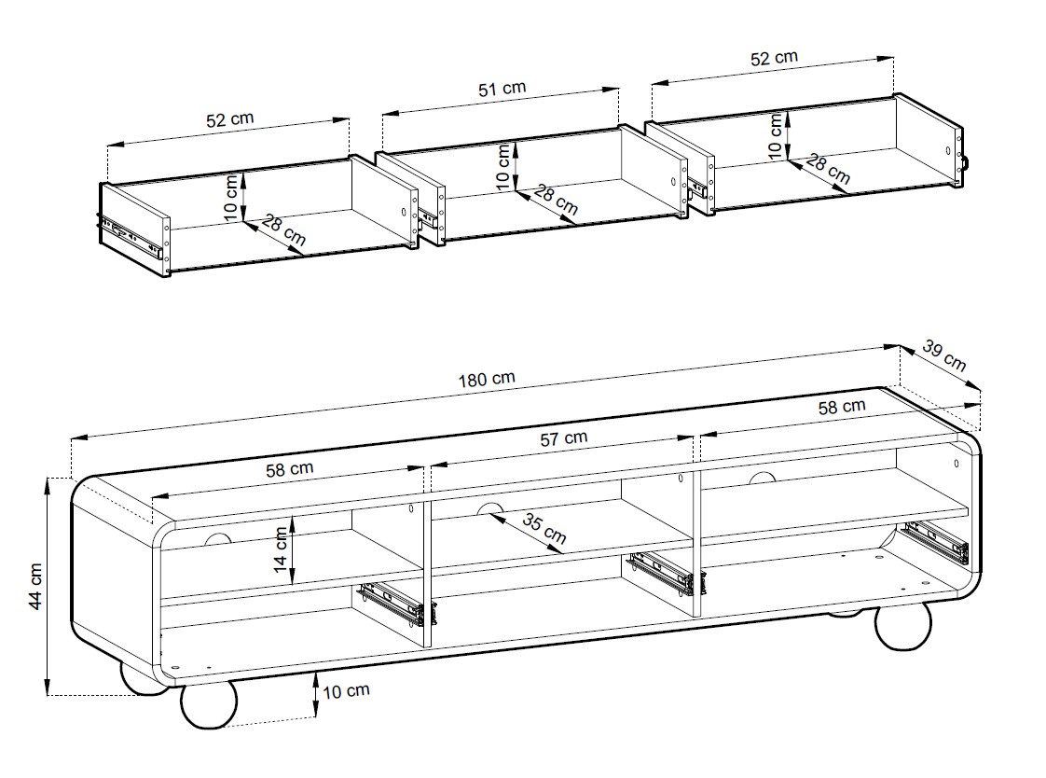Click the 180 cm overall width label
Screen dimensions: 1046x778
[x=487, y=380]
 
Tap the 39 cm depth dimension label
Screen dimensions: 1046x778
[x=944, y=355]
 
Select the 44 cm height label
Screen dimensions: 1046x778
[x=35, y=586]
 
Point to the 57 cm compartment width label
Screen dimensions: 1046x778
[x=564, y=438]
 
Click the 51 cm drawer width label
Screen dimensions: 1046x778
[x=502, y=88]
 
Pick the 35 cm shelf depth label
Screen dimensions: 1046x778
[x=544, y=528]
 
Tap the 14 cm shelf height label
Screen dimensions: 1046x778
[x=281, y=549]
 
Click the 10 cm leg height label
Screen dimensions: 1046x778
[x=346, y=691]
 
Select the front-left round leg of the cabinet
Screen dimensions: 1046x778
[x=209, y=704]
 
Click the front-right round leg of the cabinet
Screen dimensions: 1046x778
[x=902, y=627]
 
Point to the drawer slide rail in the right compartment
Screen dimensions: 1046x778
[x=935, y=539]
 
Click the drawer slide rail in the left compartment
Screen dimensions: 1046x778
[x=396, y=604]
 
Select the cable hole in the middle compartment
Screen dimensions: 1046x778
[x=490, y=509]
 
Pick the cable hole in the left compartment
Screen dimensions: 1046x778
[x=217, y=539]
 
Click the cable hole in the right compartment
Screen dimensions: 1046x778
[x=762, y=478]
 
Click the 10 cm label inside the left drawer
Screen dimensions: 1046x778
[x=230, y=197]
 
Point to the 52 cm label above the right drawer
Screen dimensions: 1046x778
[x=774, y=58]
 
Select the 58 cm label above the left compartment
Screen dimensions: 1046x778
[x=290, y=469]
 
